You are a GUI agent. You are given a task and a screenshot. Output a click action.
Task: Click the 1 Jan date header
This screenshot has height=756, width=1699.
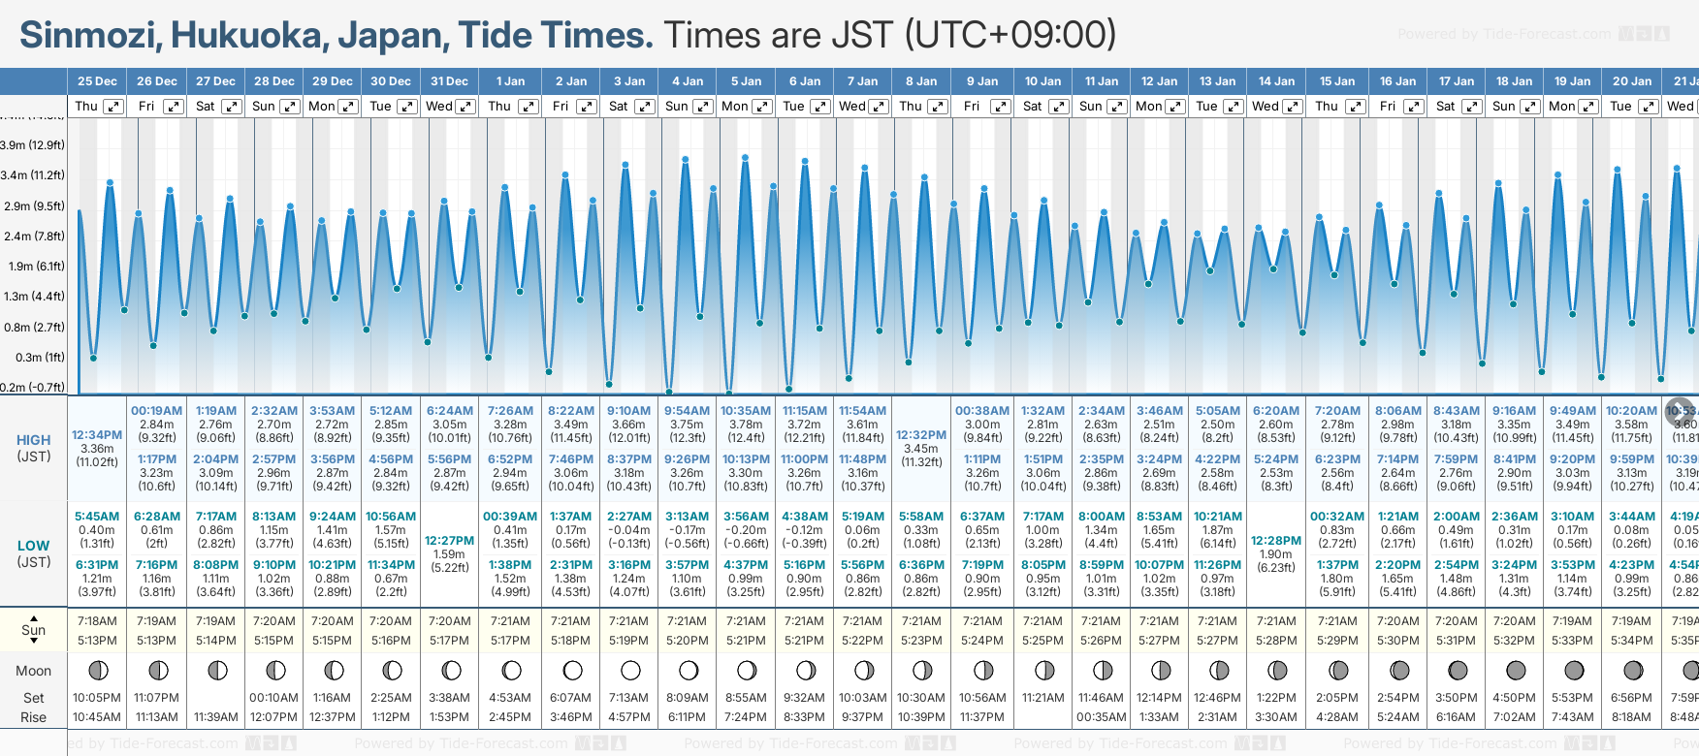tap(510, 81)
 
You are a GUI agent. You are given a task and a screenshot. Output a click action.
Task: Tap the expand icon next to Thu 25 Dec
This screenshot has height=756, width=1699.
tap(113, 107)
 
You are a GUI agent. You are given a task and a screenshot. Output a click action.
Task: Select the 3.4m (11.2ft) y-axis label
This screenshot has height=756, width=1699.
tap(33, 175)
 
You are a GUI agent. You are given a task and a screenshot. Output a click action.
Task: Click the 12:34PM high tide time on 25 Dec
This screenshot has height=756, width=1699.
tap(97, 435)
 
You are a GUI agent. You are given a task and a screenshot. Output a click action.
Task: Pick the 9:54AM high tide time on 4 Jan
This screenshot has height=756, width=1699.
tap(687, 411)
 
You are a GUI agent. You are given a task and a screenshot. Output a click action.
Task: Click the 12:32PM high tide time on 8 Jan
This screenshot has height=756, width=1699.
tap(921, 435)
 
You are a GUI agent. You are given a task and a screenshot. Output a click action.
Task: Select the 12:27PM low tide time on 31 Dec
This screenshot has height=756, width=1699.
tap(450, 541)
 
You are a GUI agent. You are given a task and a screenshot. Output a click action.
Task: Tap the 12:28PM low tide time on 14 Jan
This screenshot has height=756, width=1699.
tap(1276, 541)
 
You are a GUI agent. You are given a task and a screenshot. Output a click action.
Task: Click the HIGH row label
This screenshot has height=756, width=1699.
tap(33, 440)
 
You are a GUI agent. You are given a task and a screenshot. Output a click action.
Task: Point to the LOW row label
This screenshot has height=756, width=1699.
tap(33, 546)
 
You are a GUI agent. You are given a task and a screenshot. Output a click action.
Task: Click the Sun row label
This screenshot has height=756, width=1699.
tap(33, 630)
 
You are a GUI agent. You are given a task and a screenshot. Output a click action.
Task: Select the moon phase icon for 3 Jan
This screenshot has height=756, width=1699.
tap(630, 670)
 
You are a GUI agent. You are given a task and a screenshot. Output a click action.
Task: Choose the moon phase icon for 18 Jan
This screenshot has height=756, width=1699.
tap(1515, 670)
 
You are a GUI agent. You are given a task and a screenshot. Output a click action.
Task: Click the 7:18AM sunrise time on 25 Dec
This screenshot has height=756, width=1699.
tap(97, 621)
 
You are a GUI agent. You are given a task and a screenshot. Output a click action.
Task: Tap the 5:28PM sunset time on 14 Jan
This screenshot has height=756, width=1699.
tap(1276, 641)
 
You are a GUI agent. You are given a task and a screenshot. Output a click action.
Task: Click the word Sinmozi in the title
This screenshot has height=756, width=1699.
tap(89, 36)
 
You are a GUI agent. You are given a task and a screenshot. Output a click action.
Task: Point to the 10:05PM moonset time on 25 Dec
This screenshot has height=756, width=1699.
tap(97, 698)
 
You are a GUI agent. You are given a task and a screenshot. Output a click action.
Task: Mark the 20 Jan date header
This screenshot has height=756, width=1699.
tap(1632, 81)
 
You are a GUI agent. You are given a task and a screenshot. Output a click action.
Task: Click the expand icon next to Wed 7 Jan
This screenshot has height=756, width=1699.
tap(879, 107)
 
